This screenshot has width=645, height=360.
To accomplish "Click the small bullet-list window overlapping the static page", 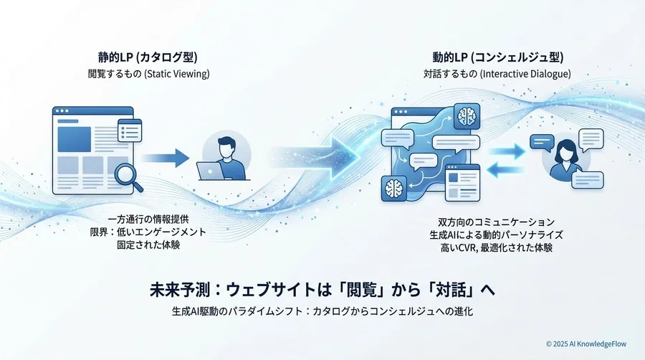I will click(x=130, y=131).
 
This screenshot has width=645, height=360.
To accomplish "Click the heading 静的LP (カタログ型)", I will click(x=148, y=57).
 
